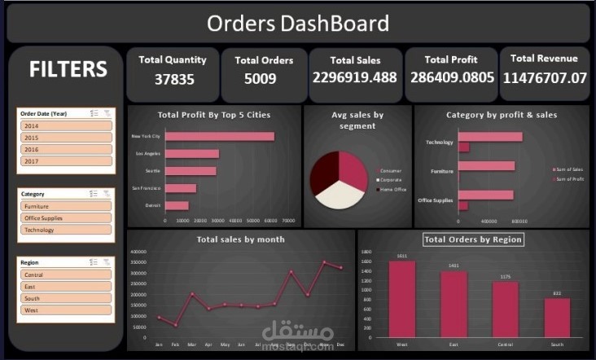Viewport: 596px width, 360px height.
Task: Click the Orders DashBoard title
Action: point(297,23)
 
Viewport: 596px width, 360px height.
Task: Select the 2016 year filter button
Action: point(65,150)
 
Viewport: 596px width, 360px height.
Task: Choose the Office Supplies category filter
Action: point(65,218)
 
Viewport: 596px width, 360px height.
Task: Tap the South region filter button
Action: point(65,298)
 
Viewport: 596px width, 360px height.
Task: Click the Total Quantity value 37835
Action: point(173,79)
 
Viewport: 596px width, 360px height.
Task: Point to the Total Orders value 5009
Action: point(260,79)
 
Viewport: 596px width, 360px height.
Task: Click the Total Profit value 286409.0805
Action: point(451,78)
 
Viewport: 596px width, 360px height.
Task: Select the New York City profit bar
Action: point(220,136)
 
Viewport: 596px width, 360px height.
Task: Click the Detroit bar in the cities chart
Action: point(177,205)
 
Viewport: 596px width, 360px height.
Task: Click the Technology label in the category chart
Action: point(439,143)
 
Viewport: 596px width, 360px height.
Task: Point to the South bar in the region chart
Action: point(557,317)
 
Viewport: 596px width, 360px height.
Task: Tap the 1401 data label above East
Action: point(454,266)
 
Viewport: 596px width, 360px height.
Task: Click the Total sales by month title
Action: point(239,239)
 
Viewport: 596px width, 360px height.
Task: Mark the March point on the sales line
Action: point(193,294)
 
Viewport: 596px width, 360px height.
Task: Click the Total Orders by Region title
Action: point(473,239)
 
